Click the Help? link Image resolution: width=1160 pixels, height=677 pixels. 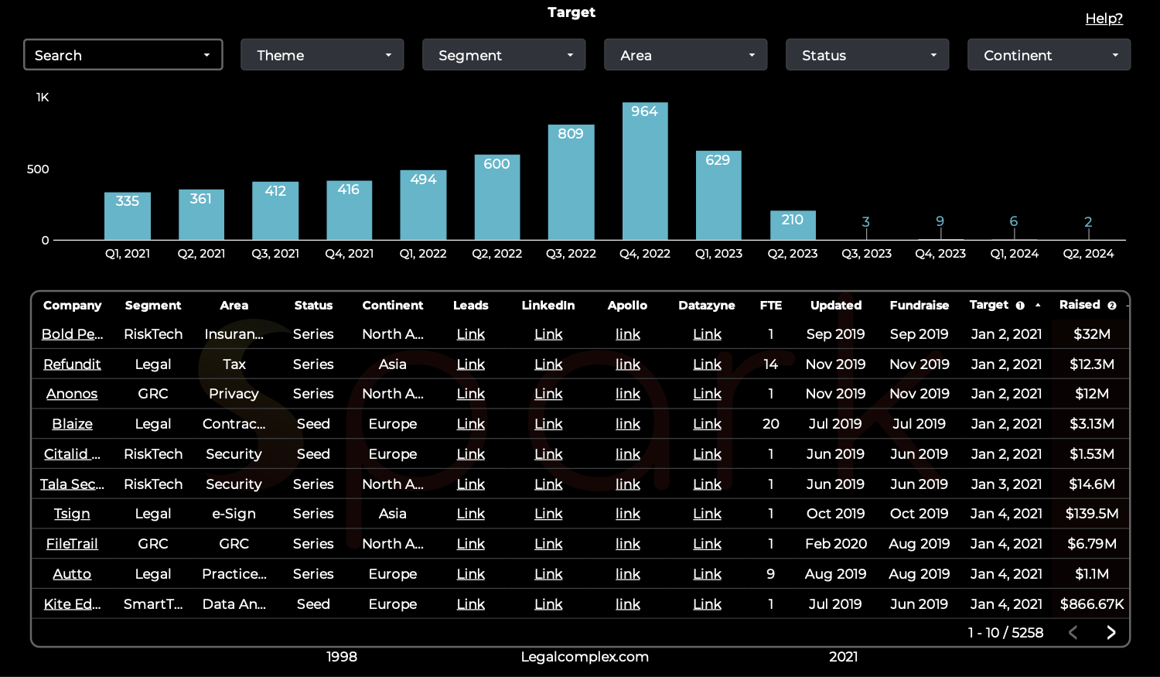(1104, 19)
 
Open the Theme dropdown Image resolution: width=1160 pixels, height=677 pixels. (322, 55)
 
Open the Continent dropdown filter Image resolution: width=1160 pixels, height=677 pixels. (1049, 55)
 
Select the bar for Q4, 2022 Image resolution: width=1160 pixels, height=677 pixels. (645, 171)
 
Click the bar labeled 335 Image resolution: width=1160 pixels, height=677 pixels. (128, 216)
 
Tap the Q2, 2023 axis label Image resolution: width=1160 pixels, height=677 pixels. (793, 254)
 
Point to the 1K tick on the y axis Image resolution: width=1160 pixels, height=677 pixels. (43, 97)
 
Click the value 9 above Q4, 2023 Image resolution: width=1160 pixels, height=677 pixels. (940, 221)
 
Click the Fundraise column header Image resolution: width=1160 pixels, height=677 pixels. (919, 306)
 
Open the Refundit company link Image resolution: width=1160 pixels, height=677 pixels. (72, 364)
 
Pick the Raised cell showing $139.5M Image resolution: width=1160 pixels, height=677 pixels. (1092, 514)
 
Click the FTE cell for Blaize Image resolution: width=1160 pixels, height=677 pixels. (770, 424)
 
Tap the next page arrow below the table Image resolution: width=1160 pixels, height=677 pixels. (1111, 632)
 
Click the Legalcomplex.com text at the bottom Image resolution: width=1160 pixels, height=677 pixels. (585, 657)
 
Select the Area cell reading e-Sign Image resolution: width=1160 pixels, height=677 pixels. (234, 514)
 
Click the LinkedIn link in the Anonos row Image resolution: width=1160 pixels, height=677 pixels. (548, 394)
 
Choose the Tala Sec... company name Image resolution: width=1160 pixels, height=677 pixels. (72, 484)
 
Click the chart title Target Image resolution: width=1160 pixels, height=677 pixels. (571, 12)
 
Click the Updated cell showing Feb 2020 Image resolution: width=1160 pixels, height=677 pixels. (835, 544)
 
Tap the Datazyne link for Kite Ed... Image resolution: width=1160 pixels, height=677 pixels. (707, 604)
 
